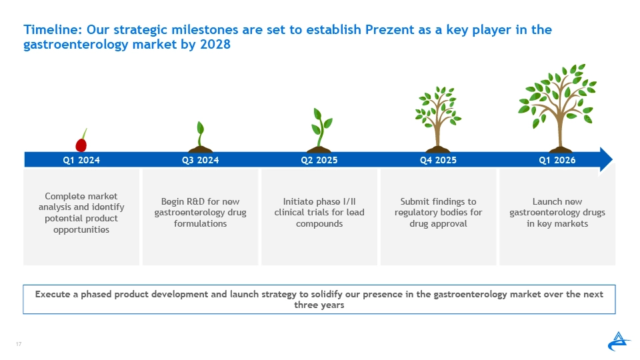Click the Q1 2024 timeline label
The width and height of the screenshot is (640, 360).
(x=81, y=160)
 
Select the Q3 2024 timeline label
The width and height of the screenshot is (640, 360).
(x=201, y=160)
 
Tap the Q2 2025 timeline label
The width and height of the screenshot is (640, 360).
(x=319, y=160)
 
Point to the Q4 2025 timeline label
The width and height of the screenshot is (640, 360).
(x=439, y=160)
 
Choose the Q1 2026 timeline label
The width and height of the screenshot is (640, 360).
(x=557, y=160)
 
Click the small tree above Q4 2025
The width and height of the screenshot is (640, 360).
(x=438, y=119)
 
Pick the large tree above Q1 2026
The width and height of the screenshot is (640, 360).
(x=557, y=108)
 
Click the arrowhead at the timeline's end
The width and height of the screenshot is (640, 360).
(x=606, y=159)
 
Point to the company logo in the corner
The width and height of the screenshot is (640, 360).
(x=619, y=341)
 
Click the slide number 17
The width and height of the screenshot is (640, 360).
(x=19, y=344)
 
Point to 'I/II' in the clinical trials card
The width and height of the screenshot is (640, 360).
(x=349, y=201)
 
